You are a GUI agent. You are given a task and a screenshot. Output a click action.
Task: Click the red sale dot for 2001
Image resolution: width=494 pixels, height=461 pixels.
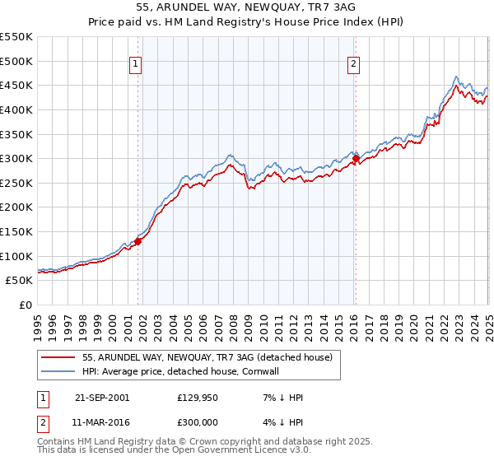click(x=138, y=241)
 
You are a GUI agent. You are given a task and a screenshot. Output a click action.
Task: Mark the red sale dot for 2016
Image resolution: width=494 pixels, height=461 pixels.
click(x=356, y=159)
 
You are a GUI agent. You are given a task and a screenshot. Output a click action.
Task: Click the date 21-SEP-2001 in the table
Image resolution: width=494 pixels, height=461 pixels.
click(x=101, y=398)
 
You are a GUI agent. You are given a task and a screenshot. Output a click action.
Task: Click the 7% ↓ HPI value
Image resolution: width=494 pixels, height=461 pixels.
click(x=281, y=398)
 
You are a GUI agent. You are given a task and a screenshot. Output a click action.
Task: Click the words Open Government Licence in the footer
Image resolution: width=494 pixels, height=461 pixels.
click(x=230, y=452)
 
